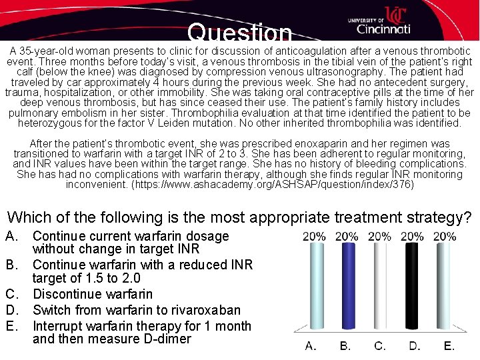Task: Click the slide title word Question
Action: pos(239,33)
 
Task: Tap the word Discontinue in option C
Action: pos(69,294)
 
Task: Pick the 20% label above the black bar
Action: pos(413,237)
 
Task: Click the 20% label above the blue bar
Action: pos(346,237)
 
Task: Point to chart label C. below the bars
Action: pos(380,345)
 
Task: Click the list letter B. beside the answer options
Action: pos(13,265)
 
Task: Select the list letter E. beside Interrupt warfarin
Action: pos(13,326)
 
